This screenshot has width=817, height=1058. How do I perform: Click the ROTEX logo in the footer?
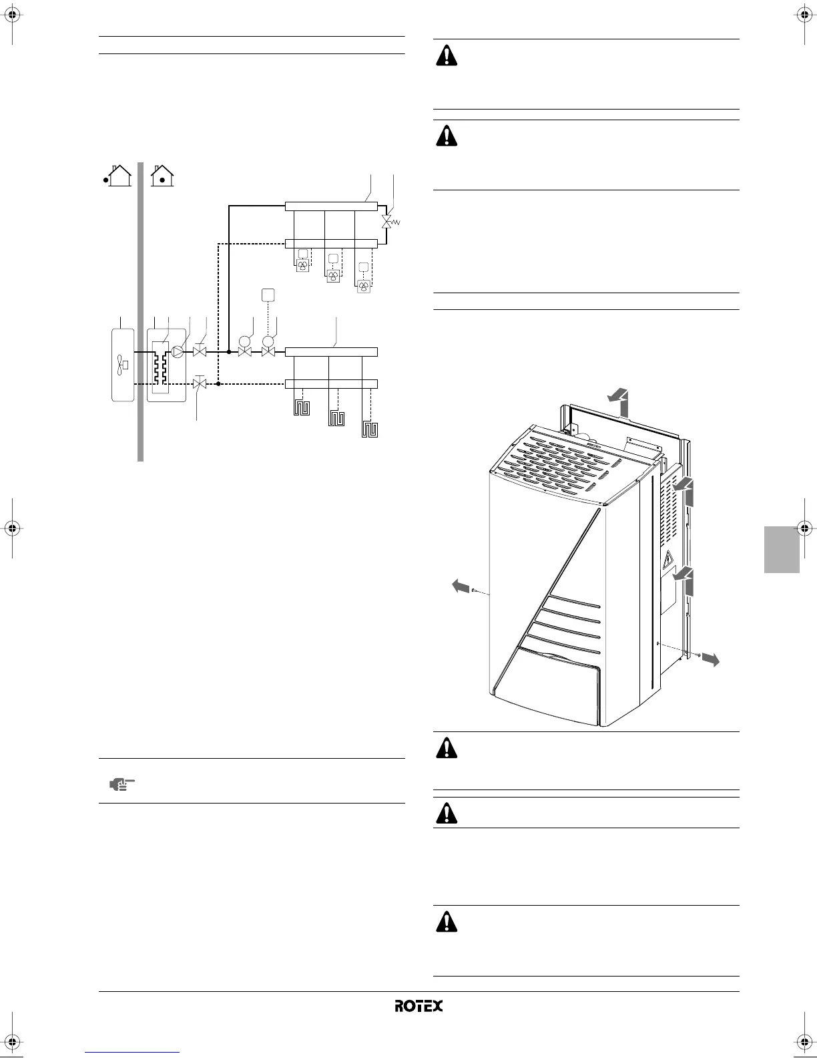click(x=418, y=1005)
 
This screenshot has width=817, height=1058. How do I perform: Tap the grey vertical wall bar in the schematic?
click(x=140, y=311)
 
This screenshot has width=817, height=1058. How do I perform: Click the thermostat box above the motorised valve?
click(x=268, y=295)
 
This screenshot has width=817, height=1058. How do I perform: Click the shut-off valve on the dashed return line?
click(x=198, y=383)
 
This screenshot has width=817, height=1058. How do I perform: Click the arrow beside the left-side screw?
click(x=461, y=586)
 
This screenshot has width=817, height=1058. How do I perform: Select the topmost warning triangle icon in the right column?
click(x=447, y=55)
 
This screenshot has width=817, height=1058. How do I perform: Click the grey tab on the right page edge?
click(x=782, y=548)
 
